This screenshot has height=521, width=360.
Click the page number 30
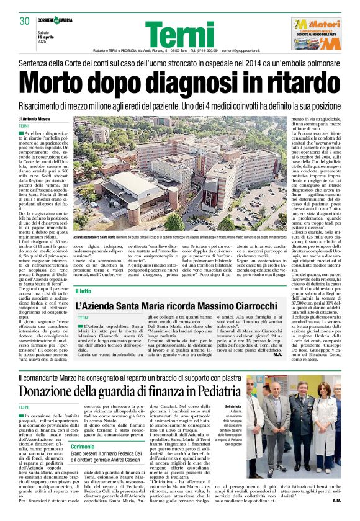coord(25,21)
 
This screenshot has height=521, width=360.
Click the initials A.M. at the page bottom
coord(336,501)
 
